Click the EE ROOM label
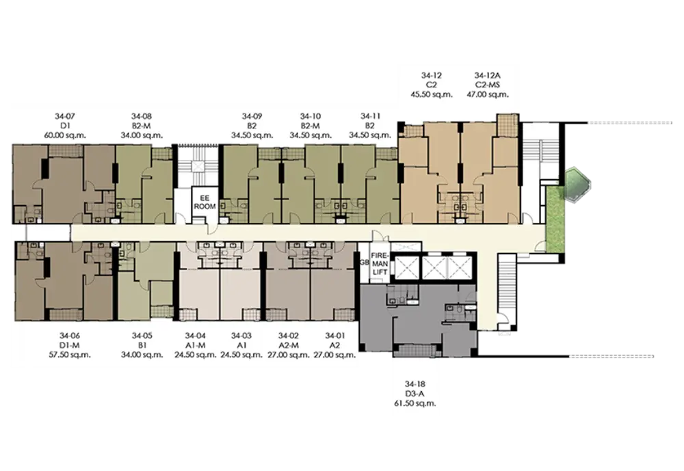pos(205,202)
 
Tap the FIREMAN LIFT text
pos(380,264)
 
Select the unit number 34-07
pos(65,116)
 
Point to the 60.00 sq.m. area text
pos(65,135)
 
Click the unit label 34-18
pos(415,384)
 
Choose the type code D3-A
pos(415,394)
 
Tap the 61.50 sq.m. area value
pos(415,403)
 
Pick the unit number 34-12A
pos(488,75)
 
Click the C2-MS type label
pos(488,85)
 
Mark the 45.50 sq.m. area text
pos(432,94)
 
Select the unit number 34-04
pos(195,336)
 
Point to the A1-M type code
pos(195,345)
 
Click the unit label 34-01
pos(334,336)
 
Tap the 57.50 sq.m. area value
pos(70,355)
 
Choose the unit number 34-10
pos(310,116)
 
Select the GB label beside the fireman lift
pos(364,263)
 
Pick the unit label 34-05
pos(142,336)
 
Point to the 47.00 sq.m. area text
pos(488,94)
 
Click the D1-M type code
pos(70,345)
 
